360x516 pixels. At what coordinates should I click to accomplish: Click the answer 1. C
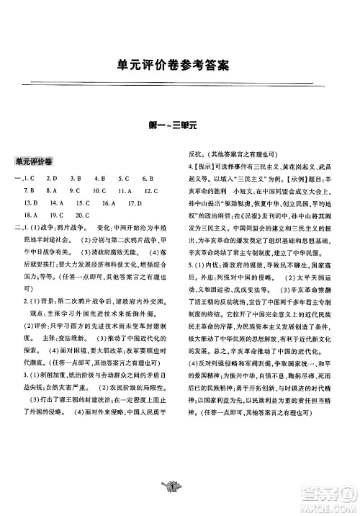[30, 178]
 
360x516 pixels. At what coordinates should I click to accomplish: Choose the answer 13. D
[30, 204]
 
